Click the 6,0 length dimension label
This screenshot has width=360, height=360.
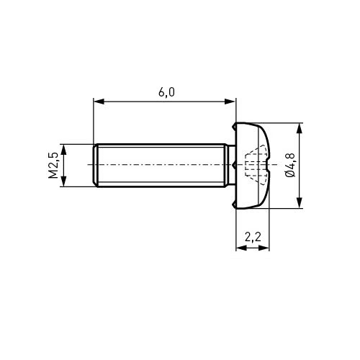click(166, 92)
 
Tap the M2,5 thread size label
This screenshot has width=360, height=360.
click(53, 165)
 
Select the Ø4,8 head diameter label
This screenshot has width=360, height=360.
click(290, 165)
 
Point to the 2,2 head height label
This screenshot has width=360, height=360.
click(253, 238)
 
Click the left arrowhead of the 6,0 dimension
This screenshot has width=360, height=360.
click(99, 102)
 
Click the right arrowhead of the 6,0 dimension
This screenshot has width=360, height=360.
click(230, 102)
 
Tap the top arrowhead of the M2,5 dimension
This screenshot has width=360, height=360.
click(63, 150)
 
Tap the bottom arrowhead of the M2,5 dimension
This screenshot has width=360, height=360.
click(63, 181)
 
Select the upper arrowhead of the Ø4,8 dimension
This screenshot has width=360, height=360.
click(299, 128)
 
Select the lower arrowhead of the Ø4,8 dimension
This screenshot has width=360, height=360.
click(299, 203)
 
